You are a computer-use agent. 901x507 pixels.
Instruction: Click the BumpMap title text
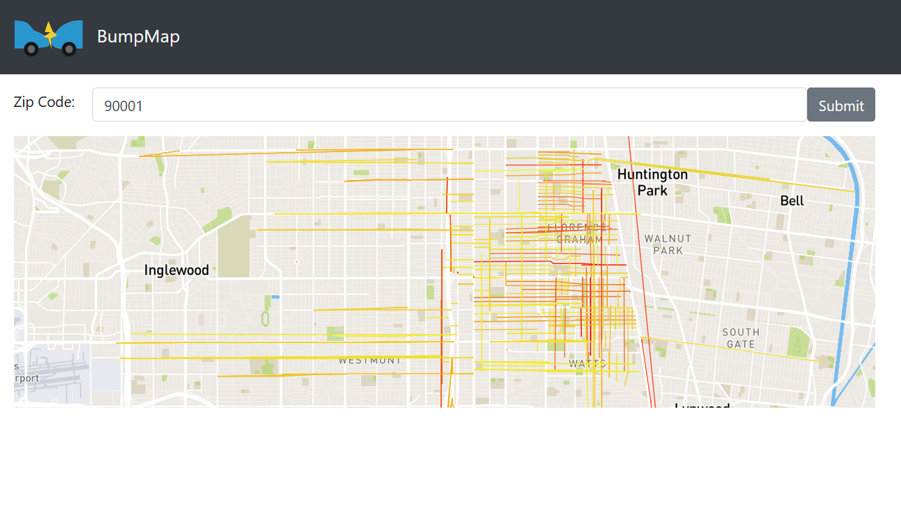[x=138, y=36]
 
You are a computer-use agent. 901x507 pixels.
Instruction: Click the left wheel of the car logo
[x=31, y=49]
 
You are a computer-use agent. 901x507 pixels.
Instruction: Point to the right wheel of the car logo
[x=69, y=49]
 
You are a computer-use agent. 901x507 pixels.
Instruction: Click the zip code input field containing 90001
[x=449, y=105]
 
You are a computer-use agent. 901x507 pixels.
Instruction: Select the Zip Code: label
[x=44, y=102]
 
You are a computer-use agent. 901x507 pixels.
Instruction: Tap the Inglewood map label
[x=176, y=270]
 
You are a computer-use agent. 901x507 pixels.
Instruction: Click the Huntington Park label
[x=652, y=182]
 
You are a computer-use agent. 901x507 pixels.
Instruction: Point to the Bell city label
[x=792, y=201]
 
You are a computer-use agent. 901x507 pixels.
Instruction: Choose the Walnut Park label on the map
[x=668, y=244]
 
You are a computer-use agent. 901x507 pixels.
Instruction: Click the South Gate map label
[x=741, y=338]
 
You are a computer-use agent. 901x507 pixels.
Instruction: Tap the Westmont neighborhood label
[x=370, y=360]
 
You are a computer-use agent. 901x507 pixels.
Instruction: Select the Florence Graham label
[x=579, y=233]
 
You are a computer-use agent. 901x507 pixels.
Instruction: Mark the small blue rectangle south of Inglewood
[x=275, y=297]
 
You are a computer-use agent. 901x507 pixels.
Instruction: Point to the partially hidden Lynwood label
[x=702, y=404]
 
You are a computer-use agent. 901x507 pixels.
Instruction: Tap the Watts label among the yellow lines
[x=587, y=363]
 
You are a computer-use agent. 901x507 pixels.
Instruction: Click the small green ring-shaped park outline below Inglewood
[x=265, y=319]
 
